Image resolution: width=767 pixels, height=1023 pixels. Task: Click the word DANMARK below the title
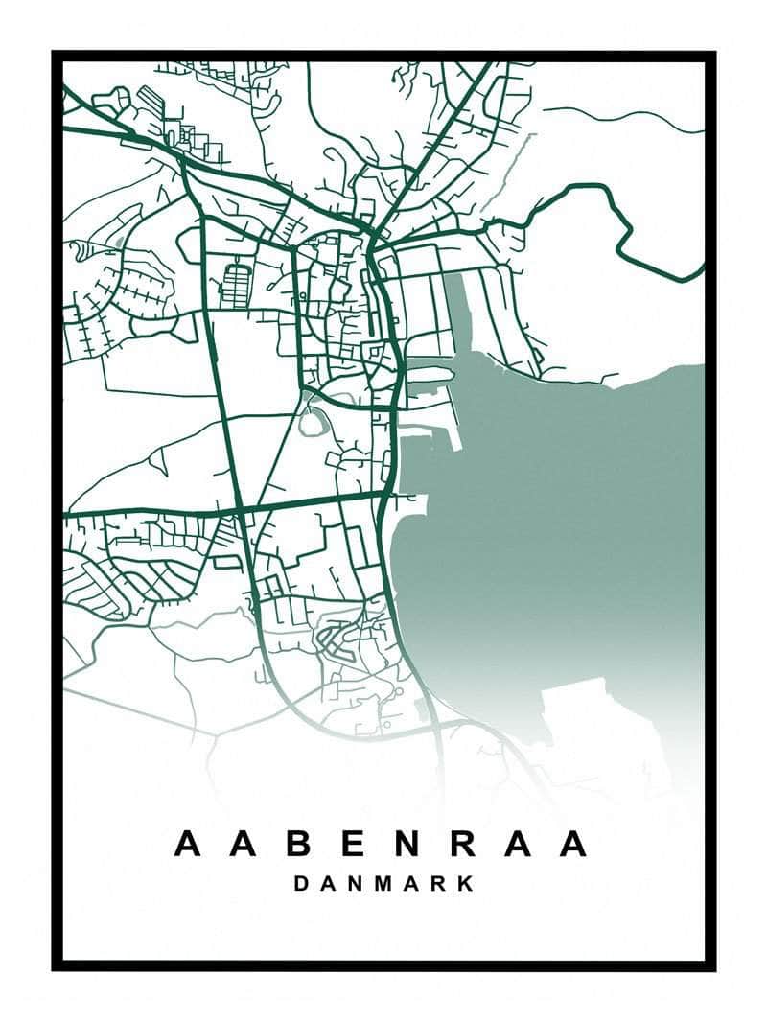click(x=383, y=883)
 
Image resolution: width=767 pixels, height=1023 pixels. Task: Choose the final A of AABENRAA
click(x=573, y=844)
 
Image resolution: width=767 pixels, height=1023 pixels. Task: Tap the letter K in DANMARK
click(x=466, y=883)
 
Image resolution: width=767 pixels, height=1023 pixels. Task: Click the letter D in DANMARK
click(x=301, y=883)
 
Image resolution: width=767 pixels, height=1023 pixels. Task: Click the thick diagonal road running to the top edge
click(x=431, y=144)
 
